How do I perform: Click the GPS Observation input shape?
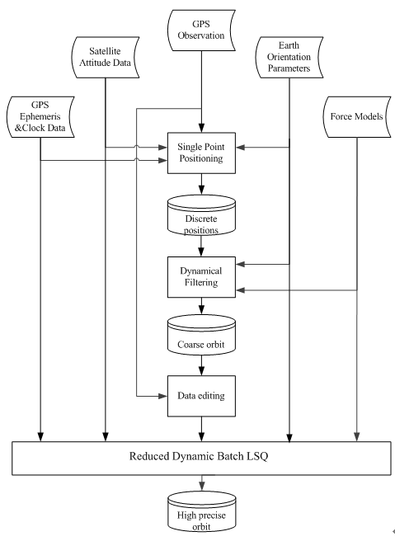(x=201, y=31)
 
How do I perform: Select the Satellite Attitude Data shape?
(x=106, y=57)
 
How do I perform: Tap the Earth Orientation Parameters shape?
(x=289, y=57)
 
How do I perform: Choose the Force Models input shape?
(x=357, y=117)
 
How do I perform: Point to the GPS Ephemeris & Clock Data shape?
(x=40, y=117)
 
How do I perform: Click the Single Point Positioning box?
(x=201, y=153)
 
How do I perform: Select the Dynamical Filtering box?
(x=201, y=277)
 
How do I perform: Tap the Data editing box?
(x=201, y=396)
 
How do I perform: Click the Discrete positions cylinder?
(x=201, y=215)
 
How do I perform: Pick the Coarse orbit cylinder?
(x=201, y=335)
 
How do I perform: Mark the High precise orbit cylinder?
(x=202, y=512)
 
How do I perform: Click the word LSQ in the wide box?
(x=257, y=457)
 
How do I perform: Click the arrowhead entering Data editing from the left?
(x=162, y=396)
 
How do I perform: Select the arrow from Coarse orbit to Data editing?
(x=201, y=365)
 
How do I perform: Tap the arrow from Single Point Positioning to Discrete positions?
(x=201, y=184)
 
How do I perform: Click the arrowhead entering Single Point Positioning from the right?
(x=241, y=148)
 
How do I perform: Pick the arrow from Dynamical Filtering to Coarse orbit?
(x=201, y=306)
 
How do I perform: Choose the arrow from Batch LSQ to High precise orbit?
(x=202, y=483)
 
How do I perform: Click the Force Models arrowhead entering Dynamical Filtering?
(x=241, y=290)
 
